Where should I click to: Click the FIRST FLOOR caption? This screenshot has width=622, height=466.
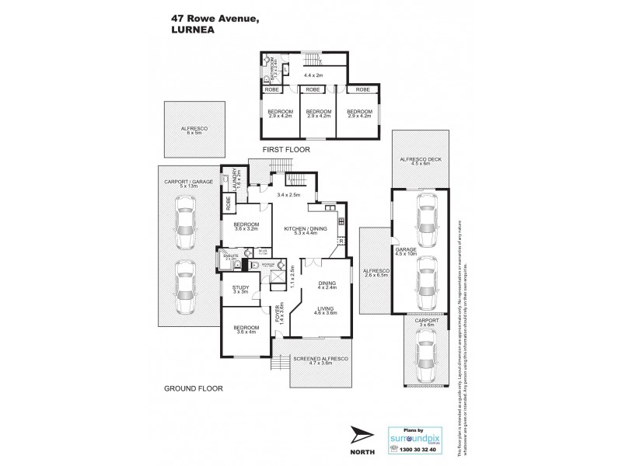pyautogui.click(x=285, y=148)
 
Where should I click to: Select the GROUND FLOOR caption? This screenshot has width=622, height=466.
pyautogui.click(x=193, y=388)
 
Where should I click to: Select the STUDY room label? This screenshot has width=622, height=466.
pyautogui.click(x=242, y=290)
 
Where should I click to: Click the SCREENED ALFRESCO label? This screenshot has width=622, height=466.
pyautogui.click(x=322, y=360)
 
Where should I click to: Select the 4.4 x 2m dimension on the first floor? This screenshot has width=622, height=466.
pyautogui.click(x=314, y=75)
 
